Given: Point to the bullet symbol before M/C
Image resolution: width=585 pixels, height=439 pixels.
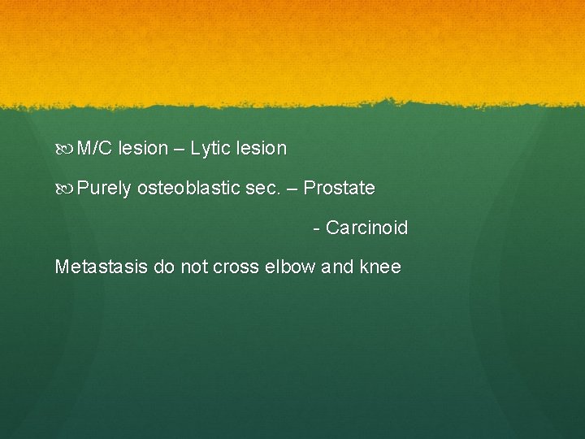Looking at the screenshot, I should [65, 149].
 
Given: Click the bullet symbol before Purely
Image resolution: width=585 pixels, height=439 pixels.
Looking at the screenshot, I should [65, 189].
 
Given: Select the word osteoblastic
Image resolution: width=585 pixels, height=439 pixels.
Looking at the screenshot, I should [189, 189].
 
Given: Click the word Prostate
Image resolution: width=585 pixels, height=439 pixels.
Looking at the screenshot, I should [339, 189].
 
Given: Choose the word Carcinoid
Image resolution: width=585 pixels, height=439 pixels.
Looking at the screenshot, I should [366, 228].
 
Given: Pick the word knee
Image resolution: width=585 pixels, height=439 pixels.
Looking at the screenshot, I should [380, 267].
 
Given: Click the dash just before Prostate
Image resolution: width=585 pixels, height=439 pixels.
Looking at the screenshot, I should [291, 189].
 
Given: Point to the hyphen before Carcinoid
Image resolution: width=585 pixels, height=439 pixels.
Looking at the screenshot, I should [316, 228].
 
